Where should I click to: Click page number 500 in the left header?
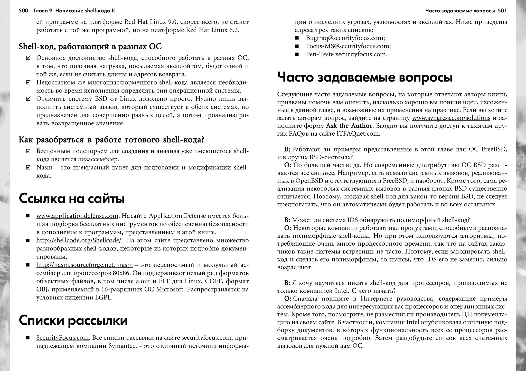23,11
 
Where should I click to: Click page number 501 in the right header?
502,11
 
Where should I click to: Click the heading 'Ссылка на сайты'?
72,199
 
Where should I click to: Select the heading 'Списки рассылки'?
73,320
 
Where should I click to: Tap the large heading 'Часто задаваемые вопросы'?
365,77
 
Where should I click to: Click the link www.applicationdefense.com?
77,216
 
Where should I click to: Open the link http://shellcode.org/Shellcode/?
79,240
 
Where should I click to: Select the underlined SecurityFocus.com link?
62,338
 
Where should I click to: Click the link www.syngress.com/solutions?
451,118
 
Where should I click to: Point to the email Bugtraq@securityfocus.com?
345,38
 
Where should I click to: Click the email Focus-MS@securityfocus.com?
348,46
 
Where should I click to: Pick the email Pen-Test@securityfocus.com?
346,54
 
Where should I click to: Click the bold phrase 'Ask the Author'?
349,126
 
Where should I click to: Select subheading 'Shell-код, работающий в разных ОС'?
90,47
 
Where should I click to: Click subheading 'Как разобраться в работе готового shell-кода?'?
111,140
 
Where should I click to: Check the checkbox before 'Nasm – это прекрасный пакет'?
29,168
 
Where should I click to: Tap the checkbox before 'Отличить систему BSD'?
29,99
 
